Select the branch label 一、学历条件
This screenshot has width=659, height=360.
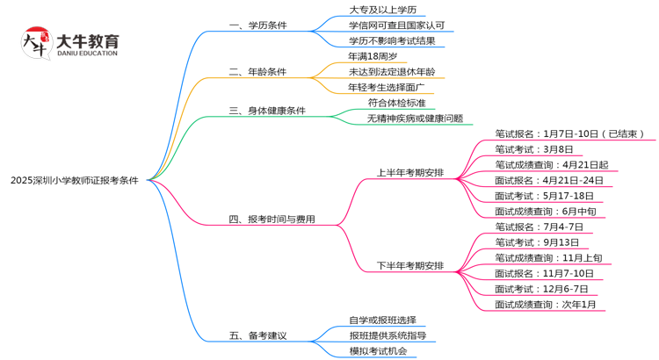pos(257,25)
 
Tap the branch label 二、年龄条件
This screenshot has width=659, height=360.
pos(257,71)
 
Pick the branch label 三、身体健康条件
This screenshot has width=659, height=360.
pos(267,111)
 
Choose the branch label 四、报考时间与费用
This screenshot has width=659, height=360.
pos(272,220)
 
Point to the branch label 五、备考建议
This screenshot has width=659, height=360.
pos(257,335)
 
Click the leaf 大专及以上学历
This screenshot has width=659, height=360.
pos(382,10)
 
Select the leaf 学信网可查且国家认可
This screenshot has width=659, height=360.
pos(396,25)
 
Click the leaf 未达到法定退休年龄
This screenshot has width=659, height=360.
pos(391,71)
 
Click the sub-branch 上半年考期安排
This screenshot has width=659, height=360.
pos(410,172)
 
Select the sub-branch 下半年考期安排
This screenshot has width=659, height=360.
pos(410,266)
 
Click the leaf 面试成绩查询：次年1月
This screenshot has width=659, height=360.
pos(546,305)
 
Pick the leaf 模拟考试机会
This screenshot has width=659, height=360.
pos(378,351)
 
